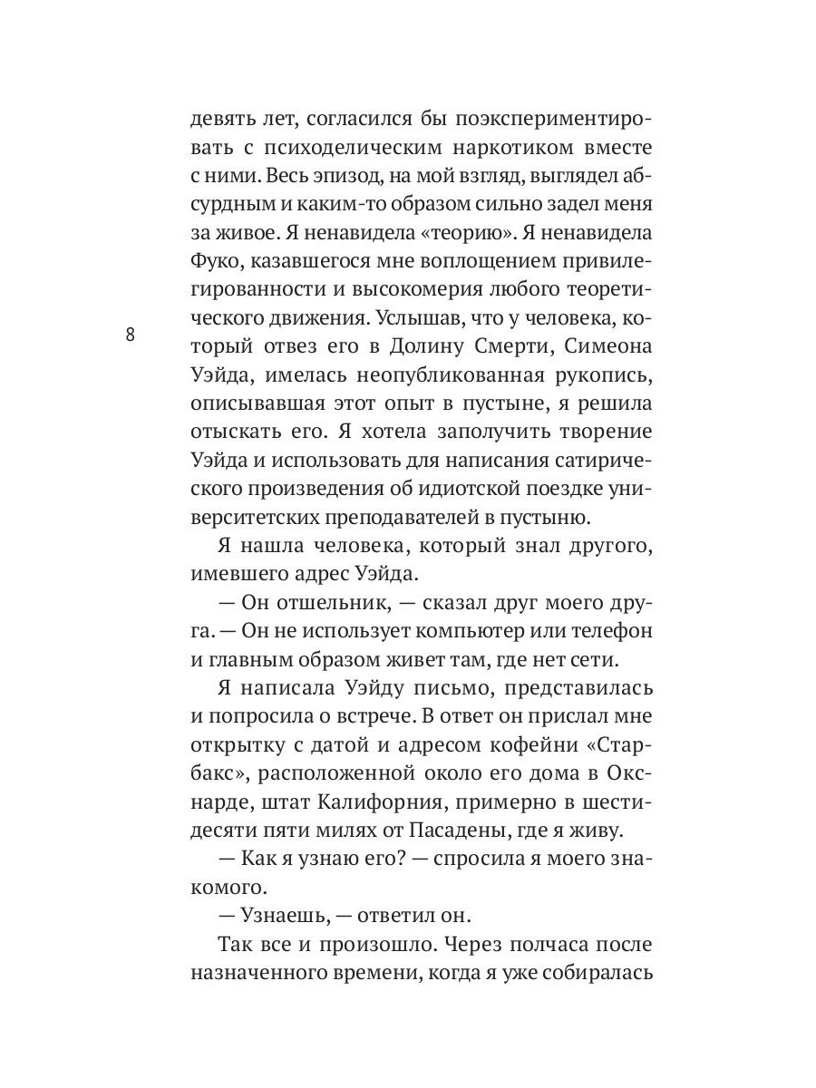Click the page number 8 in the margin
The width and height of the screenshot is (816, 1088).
(x=130, y=335)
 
